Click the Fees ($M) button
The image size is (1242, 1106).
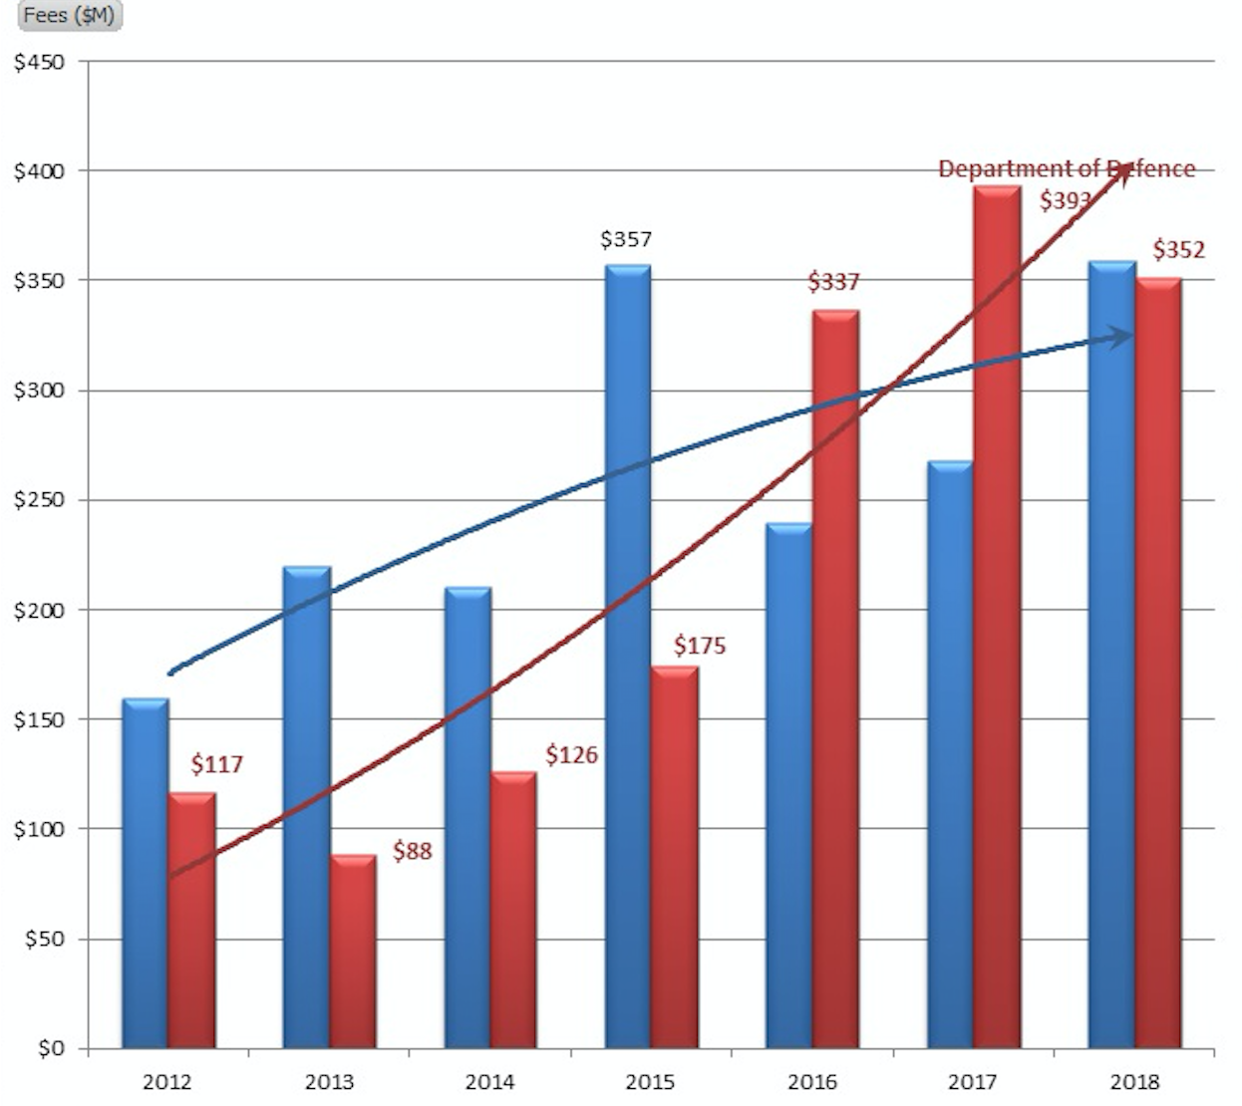click(69, 15)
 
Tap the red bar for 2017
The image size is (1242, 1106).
click(997, 618)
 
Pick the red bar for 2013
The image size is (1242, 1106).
click(353, 952)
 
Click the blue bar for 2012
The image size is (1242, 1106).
click(146, 873)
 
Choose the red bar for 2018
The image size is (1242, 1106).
click(1158, 663)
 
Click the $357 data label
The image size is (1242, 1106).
click(626, 239)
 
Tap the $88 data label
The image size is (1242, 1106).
click(412, 851)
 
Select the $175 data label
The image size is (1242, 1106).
click(700, 646)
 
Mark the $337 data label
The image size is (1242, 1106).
click(833, 282)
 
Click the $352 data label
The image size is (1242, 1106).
click(1179, 249)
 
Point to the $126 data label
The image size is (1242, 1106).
click(571, 755)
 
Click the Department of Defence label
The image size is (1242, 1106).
click(1066, 169)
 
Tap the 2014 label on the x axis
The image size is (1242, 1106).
click(489, 1082)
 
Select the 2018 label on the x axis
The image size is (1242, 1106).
click(1134, 1082)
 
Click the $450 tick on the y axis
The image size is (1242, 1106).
click(39, 62)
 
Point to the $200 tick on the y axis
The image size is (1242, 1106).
click(39, 610)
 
